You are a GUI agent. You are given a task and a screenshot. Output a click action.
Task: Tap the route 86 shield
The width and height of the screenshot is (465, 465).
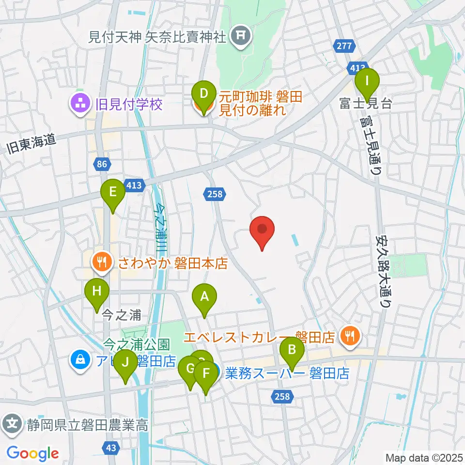(101, 165)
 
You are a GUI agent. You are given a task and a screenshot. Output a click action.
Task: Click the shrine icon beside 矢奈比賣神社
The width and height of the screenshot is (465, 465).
(239, 35)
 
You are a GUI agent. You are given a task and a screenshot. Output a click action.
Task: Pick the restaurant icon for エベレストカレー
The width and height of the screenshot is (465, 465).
(349, 335)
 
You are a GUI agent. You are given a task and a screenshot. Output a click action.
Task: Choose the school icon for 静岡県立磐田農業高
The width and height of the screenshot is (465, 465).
(14, 425)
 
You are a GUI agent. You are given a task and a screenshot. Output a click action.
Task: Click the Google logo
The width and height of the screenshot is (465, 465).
(32, 453)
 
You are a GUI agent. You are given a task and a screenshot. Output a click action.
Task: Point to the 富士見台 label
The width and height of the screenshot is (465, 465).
(365, 104)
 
